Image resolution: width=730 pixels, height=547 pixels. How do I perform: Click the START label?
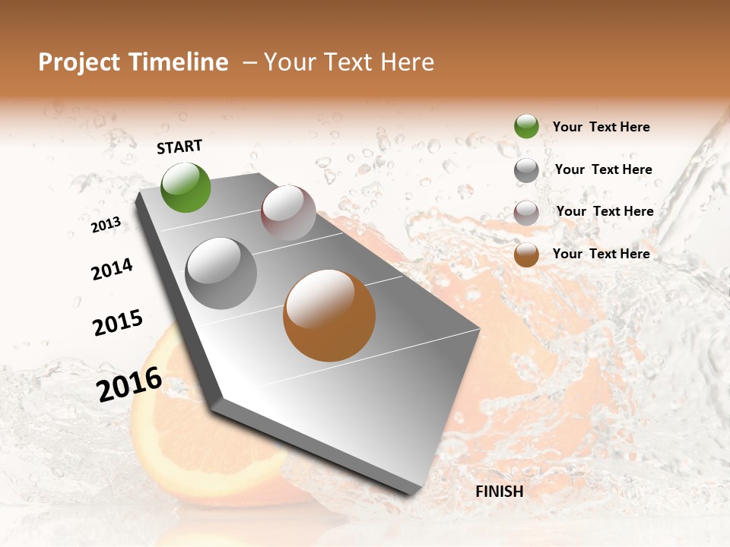(x=179, y=147)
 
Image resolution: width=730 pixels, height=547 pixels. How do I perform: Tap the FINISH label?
(x=499, y=492)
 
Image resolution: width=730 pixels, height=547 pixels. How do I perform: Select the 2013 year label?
(x=106, y=225)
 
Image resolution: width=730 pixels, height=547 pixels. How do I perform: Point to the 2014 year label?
(x=112, y=269)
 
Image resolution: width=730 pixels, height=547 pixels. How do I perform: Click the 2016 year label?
(x=129, y=384)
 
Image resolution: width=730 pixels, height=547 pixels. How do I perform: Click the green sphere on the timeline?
(x=186, y=187)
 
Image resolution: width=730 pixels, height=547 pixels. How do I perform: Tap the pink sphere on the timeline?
(x=288, y=213)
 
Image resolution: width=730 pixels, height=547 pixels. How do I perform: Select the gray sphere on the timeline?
(x=221, y=273)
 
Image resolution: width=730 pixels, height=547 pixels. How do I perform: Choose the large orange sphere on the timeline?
(x=329, y=315)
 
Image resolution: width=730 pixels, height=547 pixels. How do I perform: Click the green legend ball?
(x=526, y=126)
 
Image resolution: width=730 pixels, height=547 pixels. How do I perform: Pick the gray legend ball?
(x=526, y=170)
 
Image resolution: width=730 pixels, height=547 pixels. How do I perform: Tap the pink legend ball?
(x=526, y=213)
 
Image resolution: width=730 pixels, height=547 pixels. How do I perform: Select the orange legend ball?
(x=526, y=255)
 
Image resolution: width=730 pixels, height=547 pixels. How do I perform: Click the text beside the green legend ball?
(x=601, y=127)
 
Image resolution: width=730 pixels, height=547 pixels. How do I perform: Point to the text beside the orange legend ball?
(x=601, y=254)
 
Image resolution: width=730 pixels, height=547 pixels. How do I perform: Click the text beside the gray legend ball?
(x=603, y=169)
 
